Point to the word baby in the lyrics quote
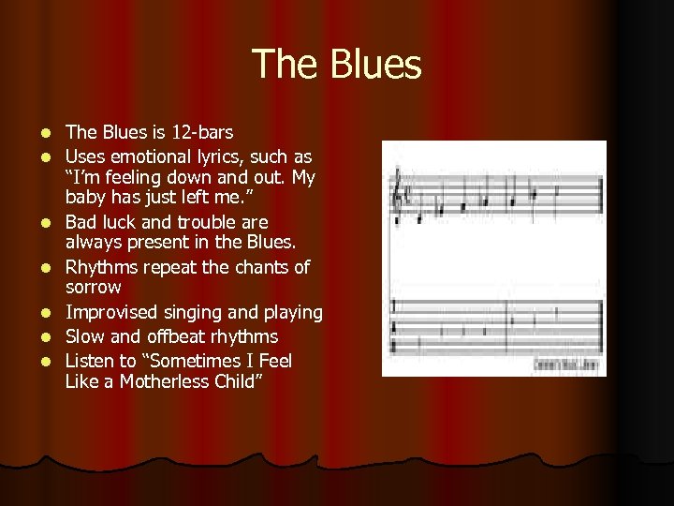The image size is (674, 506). (x=84, y=198)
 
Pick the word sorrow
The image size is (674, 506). (x=94, y=287)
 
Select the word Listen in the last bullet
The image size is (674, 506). (x=91, y=361)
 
